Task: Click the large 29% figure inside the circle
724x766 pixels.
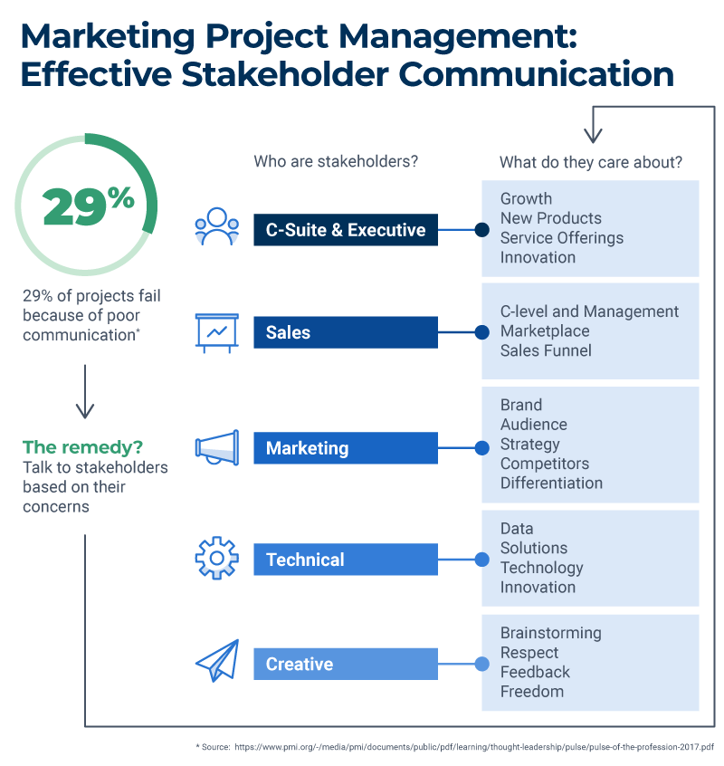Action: click(88, 206)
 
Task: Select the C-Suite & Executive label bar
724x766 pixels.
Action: click(345, 230)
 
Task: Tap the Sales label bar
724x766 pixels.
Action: click(345, 332)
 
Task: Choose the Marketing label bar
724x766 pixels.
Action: click(345, 448)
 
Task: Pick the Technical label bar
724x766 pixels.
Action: click(345, 560)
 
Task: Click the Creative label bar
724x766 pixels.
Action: click(345, 664)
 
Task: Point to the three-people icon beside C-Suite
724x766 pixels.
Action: click(217, 228)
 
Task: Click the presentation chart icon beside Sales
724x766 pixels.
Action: click(217, 332)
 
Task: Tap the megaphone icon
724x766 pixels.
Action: click(217, 447)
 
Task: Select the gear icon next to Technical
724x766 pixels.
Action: click(217, 559)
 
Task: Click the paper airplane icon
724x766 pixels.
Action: click(217, 662)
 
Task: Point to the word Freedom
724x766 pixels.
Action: click(532, 692)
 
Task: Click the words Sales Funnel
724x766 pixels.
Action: click(546, 350)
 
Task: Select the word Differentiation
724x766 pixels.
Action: click(551, 484)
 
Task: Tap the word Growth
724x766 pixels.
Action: click(526, 198)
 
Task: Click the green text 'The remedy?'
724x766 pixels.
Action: click(83, 447)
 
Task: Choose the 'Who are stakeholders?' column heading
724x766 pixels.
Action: click(336, 162)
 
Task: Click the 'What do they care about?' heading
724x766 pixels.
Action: click(591, 162)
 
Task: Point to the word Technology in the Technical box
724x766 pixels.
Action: click(541, 568)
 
